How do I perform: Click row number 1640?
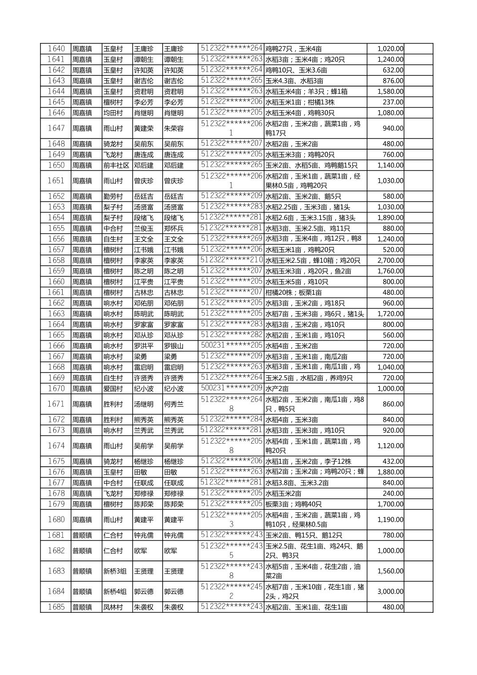(x=56, y=49)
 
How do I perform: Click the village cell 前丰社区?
(x=116, y=165)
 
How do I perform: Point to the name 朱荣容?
(x=174, y=128)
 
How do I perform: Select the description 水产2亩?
(x=277, y=389)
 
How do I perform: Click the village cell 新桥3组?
(x=115, y=571)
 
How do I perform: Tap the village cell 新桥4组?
(x=115, y=592)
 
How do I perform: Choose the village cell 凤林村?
(x=113, y=607)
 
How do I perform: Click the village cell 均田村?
(x=113, y=113)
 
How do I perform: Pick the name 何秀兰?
(x=174, y=404)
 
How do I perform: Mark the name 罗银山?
(x=174, y=346)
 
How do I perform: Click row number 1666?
(x=56, y=346)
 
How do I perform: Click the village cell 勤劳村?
(x=113, y=196)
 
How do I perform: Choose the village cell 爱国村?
(x=113, y=389)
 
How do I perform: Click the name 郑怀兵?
(x=174, y=228)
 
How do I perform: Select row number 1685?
(x=56, y=607)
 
